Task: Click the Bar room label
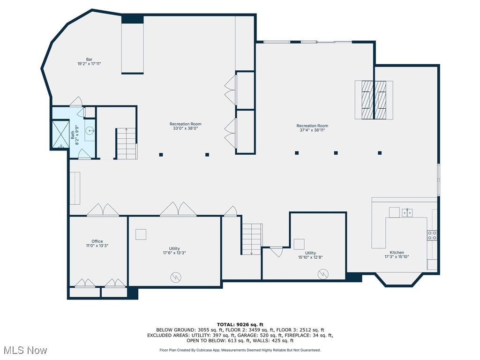click(x=89, y=61)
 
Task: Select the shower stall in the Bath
click(x=60, y=135)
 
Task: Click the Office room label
click(x=97, y=243)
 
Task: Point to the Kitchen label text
click(x=397, y=253)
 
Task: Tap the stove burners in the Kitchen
click(x=432, y=235)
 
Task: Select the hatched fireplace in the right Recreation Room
click(x=374, y=100)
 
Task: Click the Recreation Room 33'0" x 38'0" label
click(x=186, y=127)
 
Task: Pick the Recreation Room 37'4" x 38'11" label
click(x=312, y=128)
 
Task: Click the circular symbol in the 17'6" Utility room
click(x=175, y=277)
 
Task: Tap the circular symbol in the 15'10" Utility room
click(x=323, y=274)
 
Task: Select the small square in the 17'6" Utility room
click(x=141, y=234)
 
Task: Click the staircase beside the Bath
click(x=126, y=143)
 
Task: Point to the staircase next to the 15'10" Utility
click(x=252, y=239)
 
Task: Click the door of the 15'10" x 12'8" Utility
click(x=277, y=251)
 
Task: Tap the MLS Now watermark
click(x=24, y=350)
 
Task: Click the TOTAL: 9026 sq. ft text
click(x=240, y=324)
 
